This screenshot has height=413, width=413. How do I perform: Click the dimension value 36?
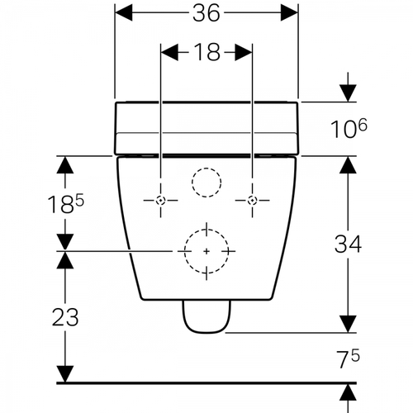click(206, 13)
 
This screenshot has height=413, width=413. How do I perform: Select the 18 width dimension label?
click(206, 52)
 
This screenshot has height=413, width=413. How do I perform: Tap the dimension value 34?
click(348, 244)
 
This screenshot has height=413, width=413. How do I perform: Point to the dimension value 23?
click(65, 317)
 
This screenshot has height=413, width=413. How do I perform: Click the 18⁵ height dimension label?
click(65, 204)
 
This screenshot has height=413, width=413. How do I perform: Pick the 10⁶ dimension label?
click(349, 129)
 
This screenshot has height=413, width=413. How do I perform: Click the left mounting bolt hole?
click(160, 200)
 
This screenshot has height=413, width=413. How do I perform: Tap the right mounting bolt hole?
click(252, 200)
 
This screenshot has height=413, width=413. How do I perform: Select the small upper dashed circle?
click(206, 168)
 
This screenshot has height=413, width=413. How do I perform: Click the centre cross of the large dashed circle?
click(206, 251)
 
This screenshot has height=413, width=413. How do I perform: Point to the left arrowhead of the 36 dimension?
click(124, 12)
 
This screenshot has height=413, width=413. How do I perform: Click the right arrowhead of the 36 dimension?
click(289, 12)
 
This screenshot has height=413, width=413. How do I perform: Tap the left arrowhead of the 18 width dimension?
click(169, 52)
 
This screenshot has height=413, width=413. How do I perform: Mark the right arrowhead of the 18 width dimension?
click(244, 52)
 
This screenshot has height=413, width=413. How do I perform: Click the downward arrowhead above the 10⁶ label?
click(348, 93)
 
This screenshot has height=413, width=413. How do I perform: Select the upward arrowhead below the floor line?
click(348, 392)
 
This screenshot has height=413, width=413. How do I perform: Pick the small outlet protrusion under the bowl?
click(206, 316)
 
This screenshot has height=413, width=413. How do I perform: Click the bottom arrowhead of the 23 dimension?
click(65, 374)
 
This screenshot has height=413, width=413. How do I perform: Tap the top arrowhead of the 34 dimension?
click(348, 165)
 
